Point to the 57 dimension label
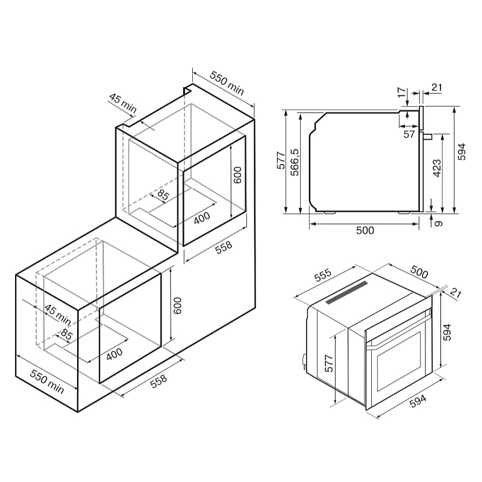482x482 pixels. [x=409, y=134]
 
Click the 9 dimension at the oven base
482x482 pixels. [x=439, y=224]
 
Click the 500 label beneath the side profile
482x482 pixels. [x=365, y=230]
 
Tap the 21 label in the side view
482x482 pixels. [x=436, y=88]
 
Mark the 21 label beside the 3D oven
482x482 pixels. [x=455, y=294]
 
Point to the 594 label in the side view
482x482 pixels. [x=461, y=151]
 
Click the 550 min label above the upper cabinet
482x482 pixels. [x=227, y=83]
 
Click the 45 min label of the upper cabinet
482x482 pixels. [x=123, y=103]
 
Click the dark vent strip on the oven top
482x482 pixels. [x=347, y=294]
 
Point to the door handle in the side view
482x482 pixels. [x=427, y=136]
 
